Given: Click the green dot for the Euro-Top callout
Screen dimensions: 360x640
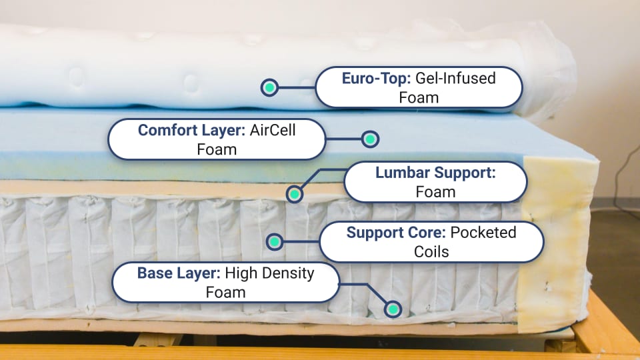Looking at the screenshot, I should point(269,87).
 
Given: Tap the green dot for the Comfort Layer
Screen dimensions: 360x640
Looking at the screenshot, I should point(370,139).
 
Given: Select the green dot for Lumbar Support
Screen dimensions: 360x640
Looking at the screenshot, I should point(294,194).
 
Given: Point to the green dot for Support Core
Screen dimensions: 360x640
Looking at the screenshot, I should point(274,242).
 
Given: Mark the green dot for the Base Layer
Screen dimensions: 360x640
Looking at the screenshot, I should point(393,309).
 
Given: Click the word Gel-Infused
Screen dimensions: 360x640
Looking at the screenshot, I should point(455,78).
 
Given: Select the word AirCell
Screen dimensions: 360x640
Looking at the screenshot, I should point(272,131).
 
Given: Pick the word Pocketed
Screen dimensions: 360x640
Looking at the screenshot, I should point(483,233).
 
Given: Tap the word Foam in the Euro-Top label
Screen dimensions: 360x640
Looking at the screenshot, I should point(419,97).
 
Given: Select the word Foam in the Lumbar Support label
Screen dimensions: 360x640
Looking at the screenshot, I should point(435,193).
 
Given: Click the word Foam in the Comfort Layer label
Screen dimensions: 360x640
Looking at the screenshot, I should point(217,150).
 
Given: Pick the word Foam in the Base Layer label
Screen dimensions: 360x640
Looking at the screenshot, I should point(225,293).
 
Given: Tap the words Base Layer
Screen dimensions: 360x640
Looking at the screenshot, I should point(177,273).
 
